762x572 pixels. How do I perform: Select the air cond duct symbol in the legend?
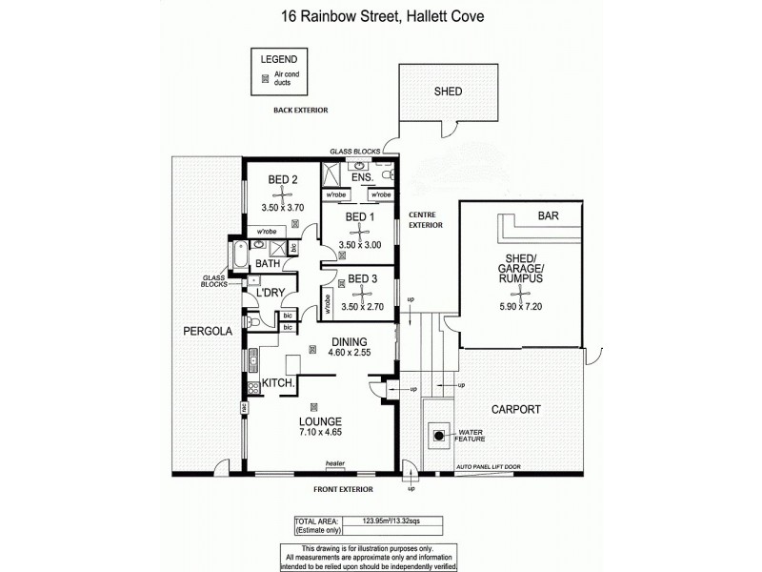click(x=265, y=80)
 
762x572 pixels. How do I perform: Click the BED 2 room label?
click(x=283, y=178)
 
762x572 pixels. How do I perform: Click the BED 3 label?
click(x=363, y=279)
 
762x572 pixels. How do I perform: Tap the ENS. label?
click(x=361, y=178)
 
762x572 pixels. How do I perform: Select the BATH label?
click(x=268, y=263)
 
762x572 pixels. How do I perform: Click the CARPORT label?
click(x=515, y=409)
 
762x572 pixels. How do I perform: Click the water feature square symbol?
click(x=439, y=438)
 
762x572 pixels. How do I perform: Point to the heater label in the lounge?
click(x=333, y=465)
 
